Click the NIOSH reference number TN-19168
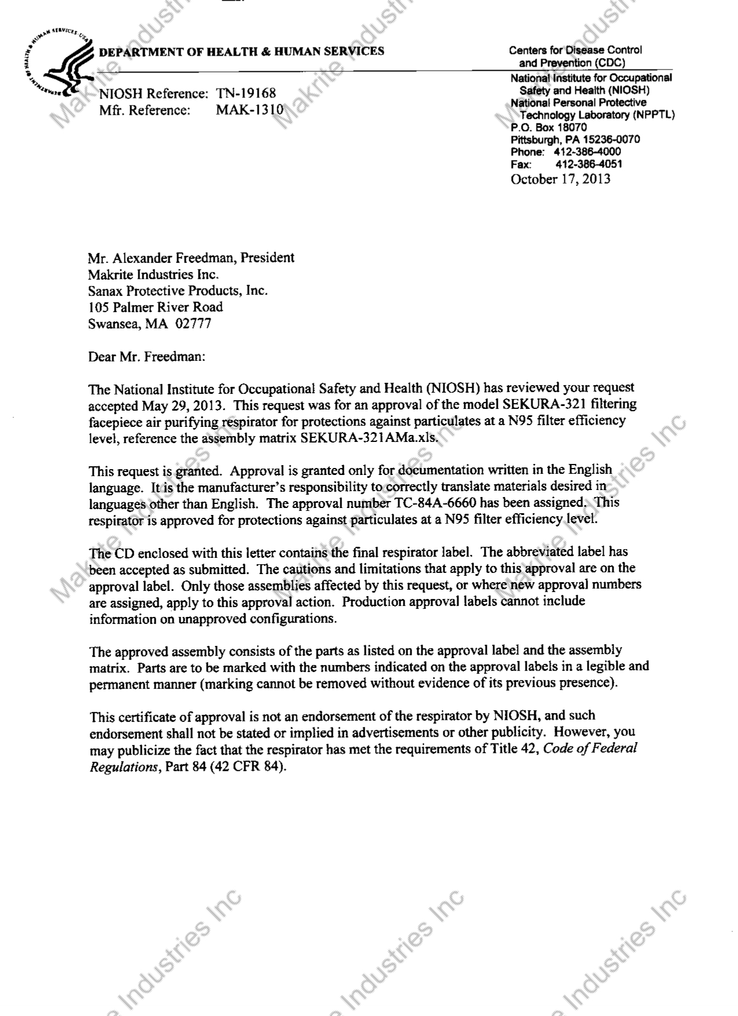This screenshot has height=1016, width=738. (245, 93)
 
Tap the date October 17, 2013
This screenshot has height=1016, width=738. (560, 179)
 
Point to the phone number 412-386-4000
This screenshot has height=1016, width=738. (587, 152)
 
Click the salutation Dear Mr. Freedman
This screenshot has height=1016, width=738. (146, 357)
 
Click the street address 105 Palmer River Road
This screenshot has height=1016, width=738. (155, 307)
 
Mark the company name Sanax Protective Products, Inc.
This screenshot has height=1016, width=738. (178, 291)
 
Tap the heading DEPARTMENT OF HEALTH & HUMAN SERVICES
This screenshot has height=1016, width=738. (241, 52)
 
